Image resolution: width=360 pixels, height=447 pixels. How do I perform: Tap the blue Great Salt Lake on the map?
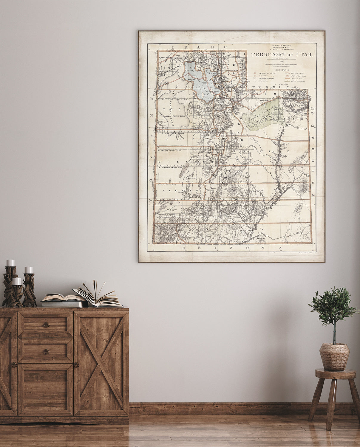[x=198, y=79]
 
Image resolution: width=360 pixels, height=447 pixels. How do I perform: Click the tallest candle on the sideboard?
[x=10, y=263]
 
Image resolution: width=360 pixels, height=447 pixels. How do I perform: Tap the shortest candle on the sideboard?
[x=17, y=281]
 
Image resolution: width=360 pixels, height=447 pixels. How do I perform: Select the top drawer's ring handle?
[x=46, y=325]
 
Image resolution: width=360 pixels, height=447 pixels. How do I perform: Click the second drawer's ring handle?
[x=46, y=352]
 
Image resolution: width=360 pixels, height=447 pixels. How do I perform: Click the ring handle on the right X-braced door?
[x=77, y=364]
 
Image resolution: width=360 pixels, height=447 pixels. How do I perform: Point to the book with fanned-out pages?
[x=98, y=295]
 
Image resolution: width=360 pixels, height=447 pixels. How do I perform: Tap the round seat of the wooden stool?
[x=336, y=373]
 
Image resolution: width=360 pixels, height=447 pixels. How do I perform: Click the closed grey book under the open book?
[x=63, y=304]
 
